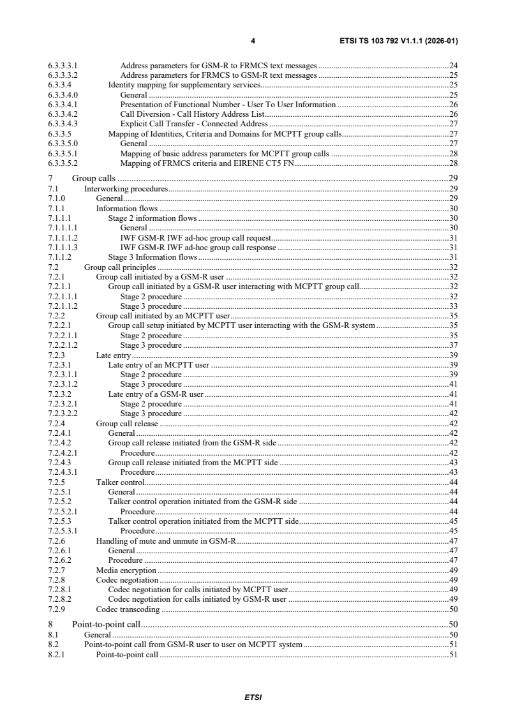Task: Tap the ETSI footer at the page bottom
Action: (x=253, y=697)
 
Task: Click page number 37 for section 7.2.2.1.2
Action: (x=454, y=345)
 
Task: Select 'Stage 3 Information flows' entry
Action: (x=153, y=257)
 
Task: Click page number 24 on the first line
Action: (x=454, y=65)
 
